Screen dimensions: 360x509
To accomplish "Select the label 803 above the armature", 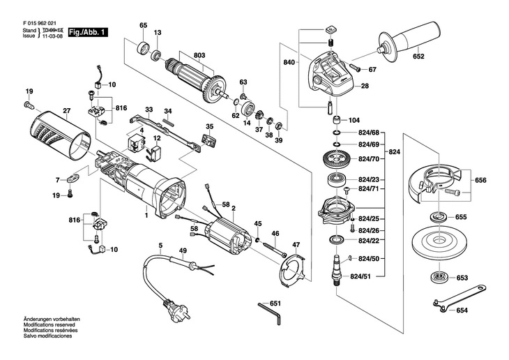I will coord(199,54).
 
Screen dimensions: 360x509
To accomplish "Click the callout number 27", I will coord(67,110).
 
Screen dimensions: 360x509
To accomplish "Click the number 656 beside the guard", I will coord(480,180).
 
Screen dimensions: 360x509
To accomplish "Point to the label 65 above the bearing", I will coord(144,26).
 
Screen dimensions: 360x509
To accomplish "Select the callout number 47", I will coord(296,244).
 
